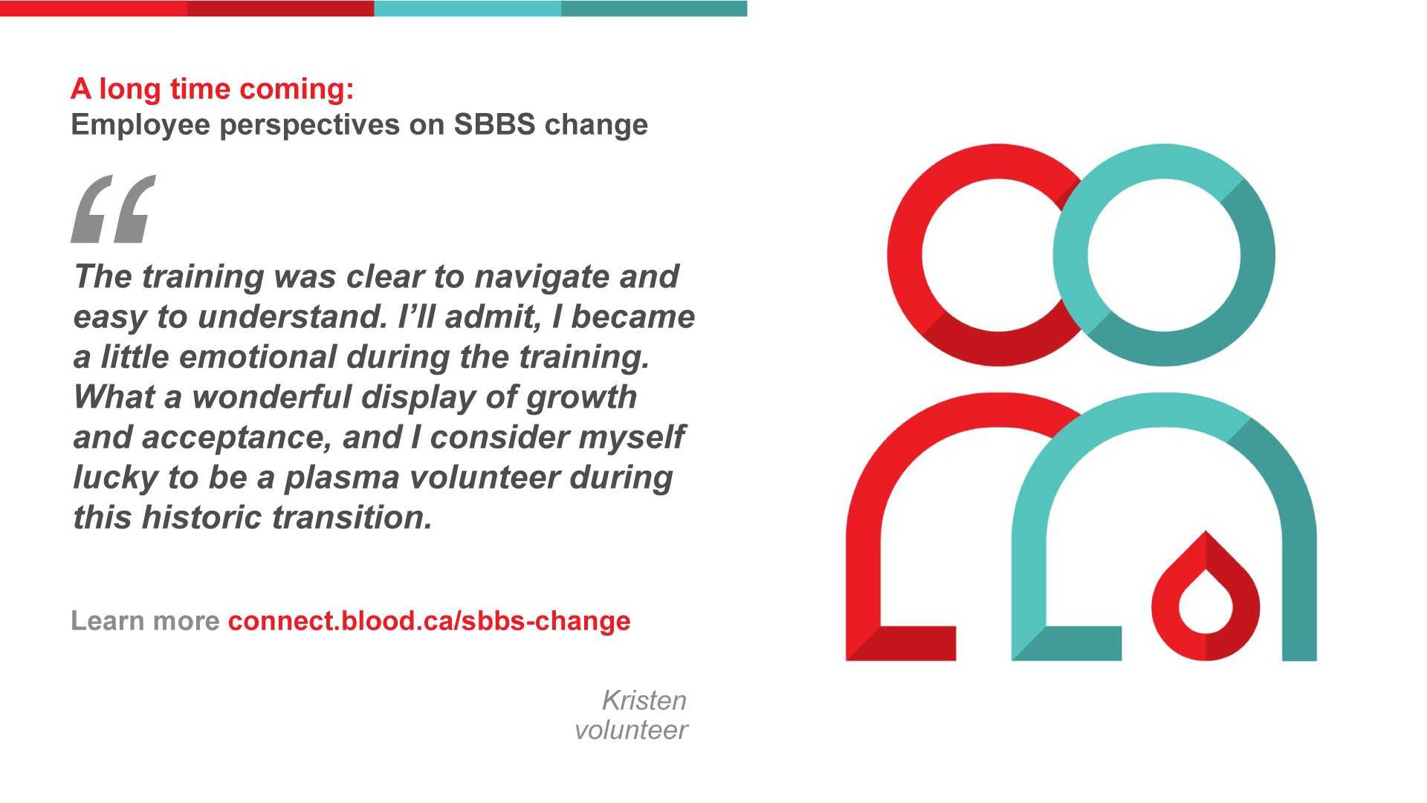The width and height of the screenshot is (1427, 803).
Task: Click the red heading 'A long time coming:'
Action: tap(213, 89)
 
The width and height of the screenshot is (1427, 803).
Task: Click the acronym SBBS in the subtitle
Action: tap(494, 124)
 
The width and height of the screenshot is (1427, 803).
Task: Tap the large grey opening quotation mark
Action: tap(114, 209)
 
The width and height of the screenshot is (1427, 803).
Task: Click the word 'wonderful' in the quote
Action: tap(271, 397)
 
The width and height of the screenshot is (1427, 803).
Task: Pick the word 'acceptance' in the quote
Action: tap(236, 438)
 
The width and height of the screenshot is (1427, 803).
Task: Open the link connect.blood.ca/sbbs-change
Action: tap(429, 621)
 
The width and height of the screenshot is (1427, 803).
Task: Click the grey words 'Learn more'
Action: tap(145, 621)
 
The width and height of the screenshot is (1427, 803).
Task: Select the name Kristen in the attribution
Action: tap(644, 700)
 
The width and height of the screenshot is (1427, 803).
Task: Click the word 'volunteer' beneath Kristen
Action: tap(631, 730)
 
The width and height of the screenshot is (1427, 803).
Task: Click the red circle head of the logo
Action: tap(905, 255)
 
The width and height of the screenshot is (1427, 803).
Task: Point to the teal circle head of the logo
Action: tap(1258, 255)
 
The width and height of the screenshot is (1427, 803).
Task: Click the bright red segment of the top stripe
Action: tap(94, 8)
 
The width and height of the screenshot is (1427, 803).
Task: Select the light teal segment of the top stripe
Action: tap(467, 8)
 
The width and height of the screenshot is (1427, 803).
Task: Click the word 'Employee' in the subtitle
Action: tap(140, 125)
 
